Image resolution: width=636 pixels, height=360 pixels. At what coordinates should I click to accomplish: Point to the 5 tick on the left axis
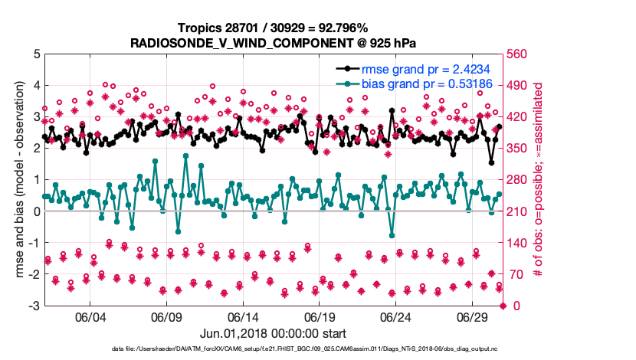click(35, 54)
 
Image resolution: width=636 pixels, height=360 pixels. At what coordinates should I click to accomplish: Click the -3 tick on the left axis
click(33, 306)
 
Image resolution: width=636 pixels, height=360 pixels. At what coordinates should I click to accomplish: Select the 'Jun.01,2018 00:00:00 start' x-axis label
click(273, 333)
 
